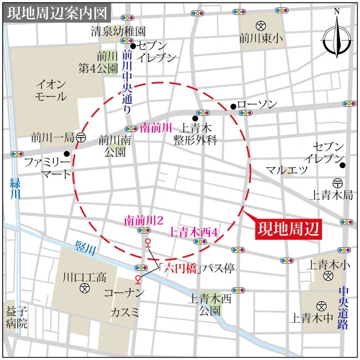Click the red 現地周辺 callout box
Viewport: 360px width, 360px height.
[286, 229]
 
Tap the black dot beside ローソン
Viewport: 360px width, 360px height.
[233, 107]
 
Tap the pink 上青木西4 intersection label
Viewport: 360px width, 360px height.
[194, 231]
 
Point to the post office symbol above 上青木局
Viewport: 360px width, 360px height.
[337, 182]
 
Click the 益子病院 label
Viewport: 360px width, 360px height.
[17, 318]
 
